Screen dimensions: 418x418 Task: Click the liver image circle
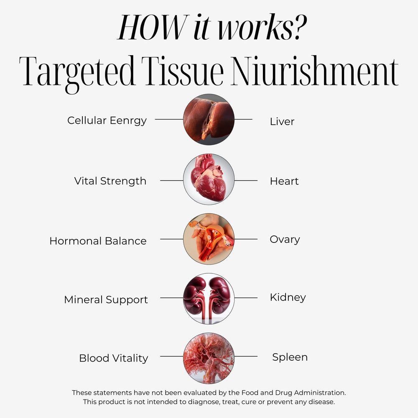click(x=209, y=120)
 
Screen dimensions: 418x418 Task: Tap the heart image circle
click(x=209, y=179)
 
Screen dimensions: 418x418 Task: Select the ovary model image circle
click(x=209, y=239)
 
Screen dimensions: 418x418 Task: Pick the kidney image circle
click(x=209, y=298)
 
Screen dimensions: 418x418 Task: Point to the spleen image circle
click(x=209, y=358)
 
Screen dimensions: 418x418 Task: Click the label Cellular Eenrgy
click(x=107, y=121)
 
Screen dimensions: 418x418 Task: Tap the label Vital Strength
click(x=110, y=181)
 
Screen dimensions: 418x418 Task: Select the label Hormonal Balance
click(x=98, y=241)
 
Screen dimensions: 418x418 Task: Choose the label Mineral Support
click(x=106, y=300)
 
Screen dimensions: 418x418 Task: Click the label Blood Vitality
click(x=114, y=358)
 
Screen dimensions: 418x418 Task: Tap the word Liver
click(x=282, y=122)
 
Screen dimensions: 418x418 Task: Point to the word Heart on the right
click(x=284, y=181)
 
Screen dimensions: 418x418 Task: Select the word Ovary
click(x=285, y=240)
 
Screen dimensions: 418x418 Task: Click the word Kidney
click(x=288, y=298)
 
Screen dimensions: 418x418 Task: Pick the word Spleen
click(x=290, y=357)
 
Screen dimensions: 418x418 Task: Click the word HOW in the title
click(x=153, y=27)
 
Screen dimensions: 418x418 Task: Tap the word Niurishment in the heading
click(x=315, y=71)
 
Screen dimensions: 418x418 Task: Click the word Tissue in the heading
click(x=183, y=71)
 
